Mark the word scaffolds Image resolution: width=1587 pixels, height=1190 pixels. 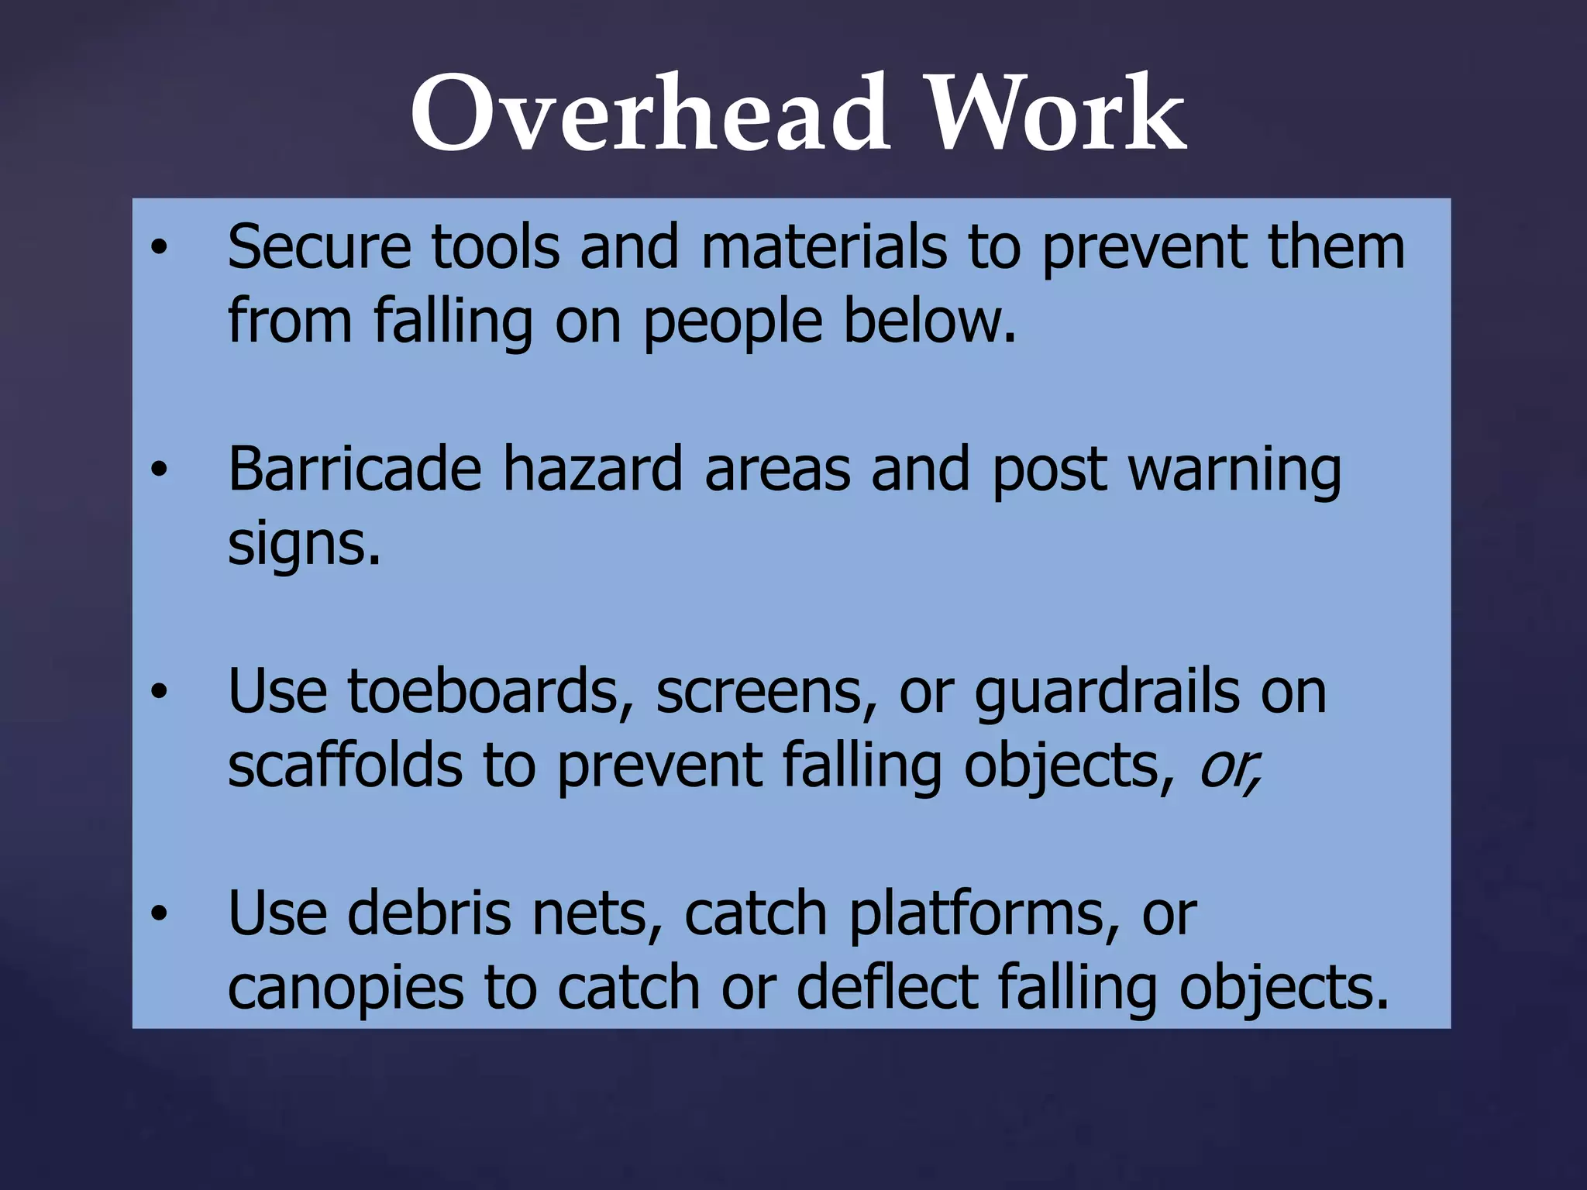click(345, 765)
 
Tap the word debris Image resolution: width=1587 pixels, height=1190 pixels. click(429, 913)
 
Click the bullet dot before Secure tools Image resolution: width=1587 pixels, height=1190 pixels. click(159, 248)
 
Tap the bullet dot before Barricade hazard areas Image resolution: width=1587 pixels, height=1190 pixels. click(159, 469)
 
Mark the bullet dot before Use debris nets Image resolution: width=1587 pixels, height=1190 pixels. click(159, 914)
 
